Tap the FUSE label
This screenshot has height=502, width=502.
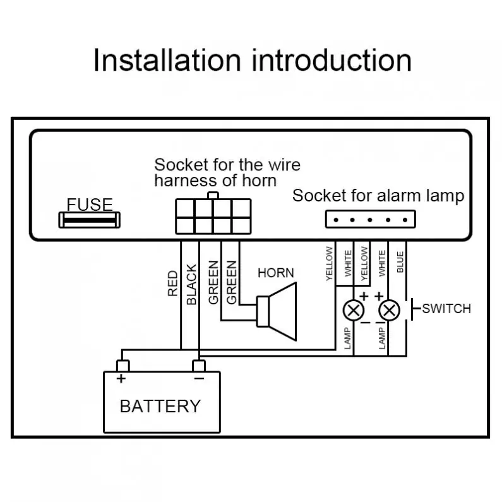[x=90, y=204]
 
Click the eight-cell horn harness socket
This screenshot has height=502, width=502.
[x=213, y=216]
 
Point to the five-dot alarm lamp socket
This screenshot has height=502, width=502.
[x=371, y=218]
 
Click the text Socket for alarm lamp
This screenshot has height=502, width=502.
[x=378, y=196]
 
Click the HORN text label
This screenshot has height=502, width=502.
[x=276, y=273]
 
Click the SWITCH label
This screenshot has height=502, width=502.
[x=446, y=309]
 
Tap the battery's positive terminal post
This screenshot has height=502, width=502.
[x=123, y=365]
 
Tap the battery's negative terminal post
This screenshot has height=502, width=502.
[x=199, y=365]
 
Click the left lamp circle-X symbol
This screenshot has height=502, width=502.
[x=353, y=310]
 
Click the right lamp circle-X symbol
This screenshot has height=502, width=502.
[x=389, y=310]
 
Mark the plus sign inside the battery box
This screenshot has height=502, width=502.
[x=121, y=379]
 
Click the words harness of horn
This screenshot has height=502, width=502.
[x=215, y=181]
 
